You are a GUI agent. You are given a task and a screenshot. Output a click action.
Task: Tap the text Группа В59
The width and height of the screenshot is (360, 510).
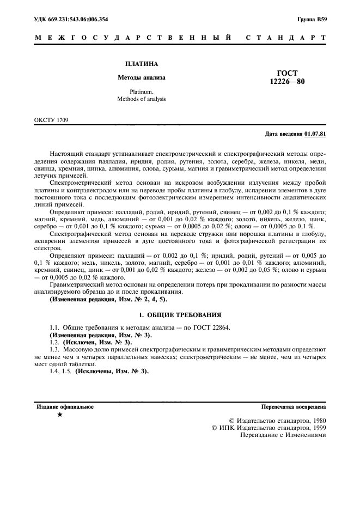(x=312, y=20)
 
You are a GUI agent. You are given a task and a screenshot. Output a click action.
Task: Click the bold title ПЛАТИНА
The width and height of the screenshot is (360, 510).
(x=141, y=64)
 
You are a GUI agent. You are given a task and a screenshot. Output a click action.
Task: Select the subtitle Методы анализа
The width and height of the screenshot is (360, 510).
(x=141, y=77)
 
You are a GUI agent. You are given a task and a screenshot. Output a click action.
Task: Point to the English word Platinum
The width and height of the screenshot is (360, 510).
(x=141, y=91)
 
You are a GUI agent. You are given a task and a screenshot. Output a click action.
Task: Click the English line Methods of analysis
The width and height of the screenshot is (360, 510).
(x=141, y=99)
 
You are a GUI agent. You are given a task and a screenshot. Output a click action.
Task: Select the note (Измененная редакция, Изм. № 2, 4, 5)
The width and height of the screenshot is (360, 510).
(x=109, y=299)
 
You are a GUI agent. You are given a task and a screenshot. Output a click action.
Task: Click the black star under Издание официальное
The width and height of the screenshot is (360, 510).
(x=59, y=415)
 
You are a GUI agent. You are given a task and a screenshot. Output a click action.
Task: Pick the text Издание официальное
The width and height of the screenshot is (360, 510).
(x=65, y=406)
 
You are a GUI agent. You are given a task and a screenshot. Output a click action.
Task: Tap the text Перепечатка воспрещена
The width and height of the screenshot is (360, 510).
(x=294, y=406)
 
